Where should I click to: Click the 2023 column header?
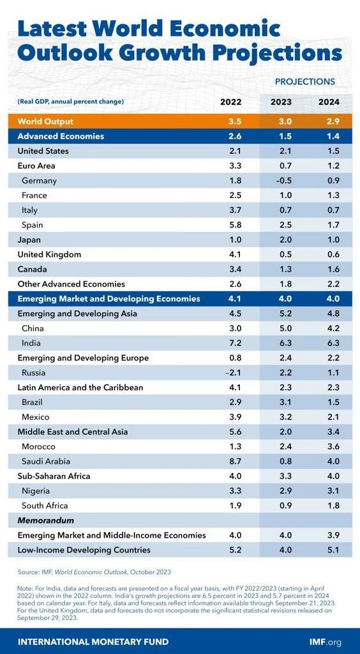(281, 102)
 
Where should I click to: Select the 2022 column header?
(230, 102)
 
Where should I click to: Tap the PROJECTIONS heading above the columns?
(304, 82)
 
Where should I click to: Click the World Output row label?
(45, 121)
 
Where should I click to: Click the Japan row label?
(29, 240)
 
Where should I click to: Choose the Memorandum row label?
(46, 521)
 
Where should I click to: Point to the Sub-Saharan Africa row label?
(54, 476)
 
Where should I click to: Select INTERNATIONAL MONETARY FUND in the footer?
(93, 641)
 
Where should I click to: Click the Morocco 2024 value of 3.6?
(329, 446)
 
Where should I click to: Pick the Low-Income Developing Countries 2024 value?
(329, 550)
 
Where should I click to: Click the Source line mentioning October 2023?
(94, 572)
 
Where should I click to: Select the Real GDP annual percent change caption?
(70, 102)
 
